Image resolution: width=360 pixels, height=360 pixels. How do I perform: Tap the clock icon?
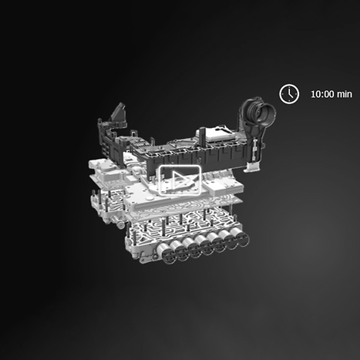(289, 94)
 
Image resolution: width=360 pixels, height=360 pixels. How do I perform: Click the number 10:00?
(322, 94)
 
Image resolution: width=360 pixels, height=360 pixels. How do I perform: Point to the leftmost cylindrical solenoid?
(165, 253)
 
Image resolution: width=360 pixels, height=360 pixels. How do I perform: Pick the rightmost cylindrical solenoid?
(240, 236)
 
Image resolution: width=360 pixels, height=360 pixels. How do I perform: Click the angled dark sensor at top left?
(119, 113)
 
